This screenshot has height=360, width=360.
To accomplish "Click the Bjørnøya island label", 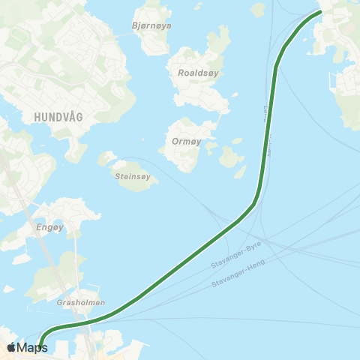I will coord(151,25).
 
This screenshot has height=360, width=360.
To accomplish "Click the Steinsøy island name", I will coord(134,177).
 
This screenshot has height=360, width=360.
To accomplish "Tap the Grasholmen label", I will coord(80,303).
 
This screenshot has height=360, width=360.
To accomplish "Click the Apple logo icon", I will coord(12,347).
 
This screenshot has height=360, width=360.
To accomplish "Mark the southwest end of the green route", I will coord(42,347).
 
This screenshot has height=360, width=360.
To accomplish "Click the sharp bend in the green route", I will coord(255,201).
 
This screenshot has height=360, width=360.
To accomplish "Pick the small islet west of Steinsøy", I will coord(108,157).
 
